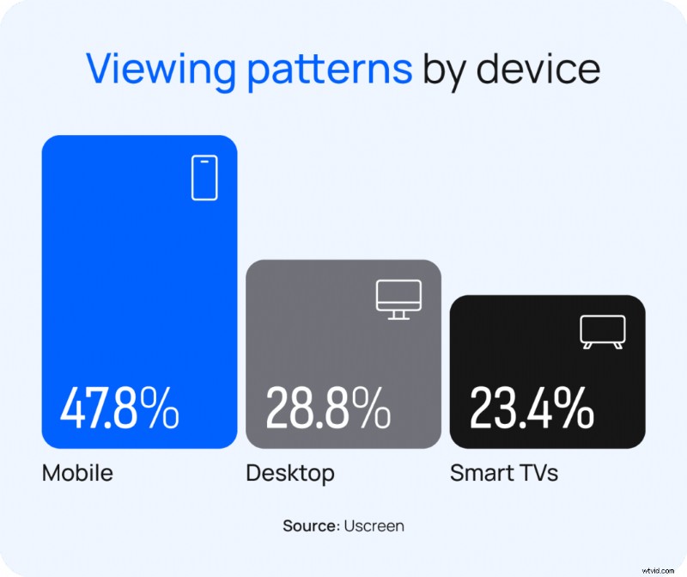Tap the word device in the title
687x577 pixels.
click(538, 69)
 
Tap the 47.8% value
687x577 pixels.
click(119, 409)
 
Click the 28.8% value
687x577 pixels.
click(326, 409)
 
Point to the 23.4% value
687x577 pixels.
click(532, 409)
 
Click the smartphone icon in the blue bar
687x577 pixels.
click(204, 178)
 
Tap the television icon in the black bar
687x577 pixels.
click(603, 331)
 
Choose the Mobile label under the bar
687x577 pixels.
click(78, 473)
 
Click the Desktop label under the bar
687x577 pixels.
click(290, 473)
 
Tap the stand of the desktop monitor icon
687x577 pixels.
click(398, 314)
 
